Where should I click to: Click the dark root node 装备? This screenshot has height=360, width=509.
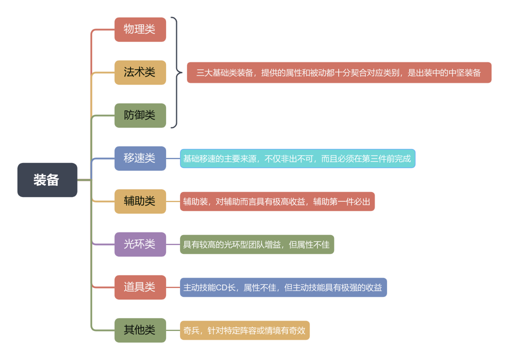tap(47, 180)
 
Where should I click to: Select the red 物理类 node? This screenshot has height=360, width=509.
tap(140, 29)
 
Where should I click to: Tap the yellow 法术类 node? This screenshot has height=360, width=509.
tap(140, 72)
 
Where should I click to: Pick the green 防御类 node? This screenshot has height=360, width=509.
tap(140, 115)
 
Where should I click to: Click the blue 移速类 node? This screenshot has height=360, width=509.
tap(140, 158)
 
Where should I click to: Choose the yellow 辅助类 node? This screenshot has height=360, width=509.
tap(140, 201)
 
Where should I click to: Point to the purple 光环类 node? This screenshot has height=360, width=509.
tap(140, 244)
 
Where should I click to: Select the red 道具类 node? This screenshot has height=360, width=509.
tap(140, 287)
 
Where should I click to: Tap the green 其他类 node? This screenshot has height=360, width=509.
tap(140, 330)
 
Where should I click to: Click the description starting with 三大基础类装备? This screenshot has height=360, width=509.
tap(339, 72)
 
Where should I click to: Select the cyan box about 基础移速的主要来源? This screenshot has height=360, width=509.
tap(297, 158)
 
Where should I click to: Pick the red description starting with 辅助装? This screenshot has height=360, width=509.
tap(277, 201)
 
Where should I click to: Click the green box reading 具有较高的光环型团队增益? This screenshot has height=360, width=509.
tap(257, 244)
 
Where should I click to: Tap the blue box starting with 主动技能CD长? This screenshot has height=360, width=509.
tap(283, 287)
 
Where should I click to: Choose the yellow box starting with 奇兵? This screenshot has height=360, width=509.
tap(245, 330)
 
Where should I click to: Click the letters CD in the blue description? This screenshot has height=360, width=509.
tap(221, 287)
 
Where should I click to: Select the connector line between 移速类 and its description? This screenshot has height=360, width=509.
tap(173, 158)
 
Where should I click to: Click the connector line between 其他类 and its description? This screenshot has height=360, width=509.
tap(173, 330)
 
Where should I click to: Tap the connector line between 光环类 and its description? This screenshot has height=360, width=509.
tap(173, 244)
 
